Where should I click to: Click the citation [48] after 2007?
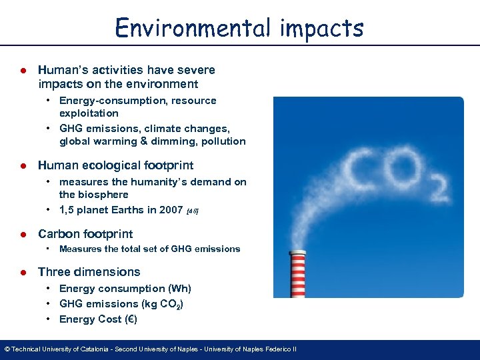click(x=193, y=211)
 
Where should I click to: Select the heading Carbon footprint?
click(x=85, y=234)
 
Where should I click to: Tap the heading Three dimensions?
click(x=89, y=272)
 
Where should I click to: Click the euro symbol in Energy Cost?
click(x=131, y=319)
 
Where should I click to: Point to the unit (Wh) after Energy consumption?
click(x=179, y=289)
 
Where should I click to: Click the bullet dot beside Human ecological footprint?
click(x=23, y=165)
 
